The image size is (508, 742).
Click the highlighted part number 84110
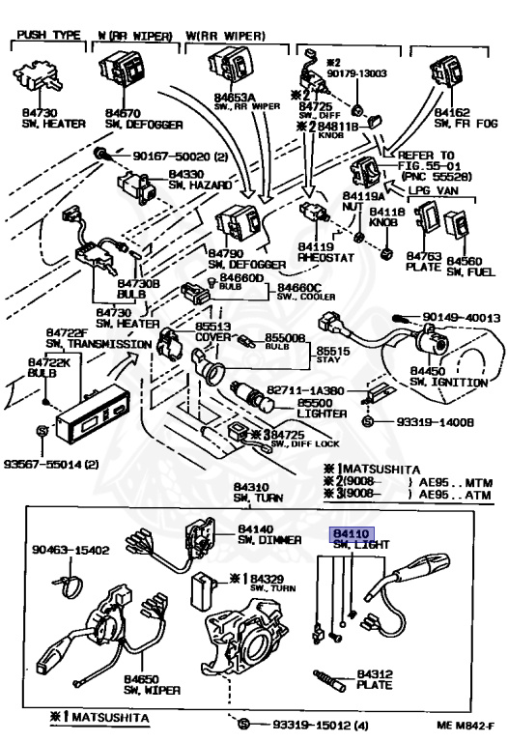[x=351, y=532]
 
